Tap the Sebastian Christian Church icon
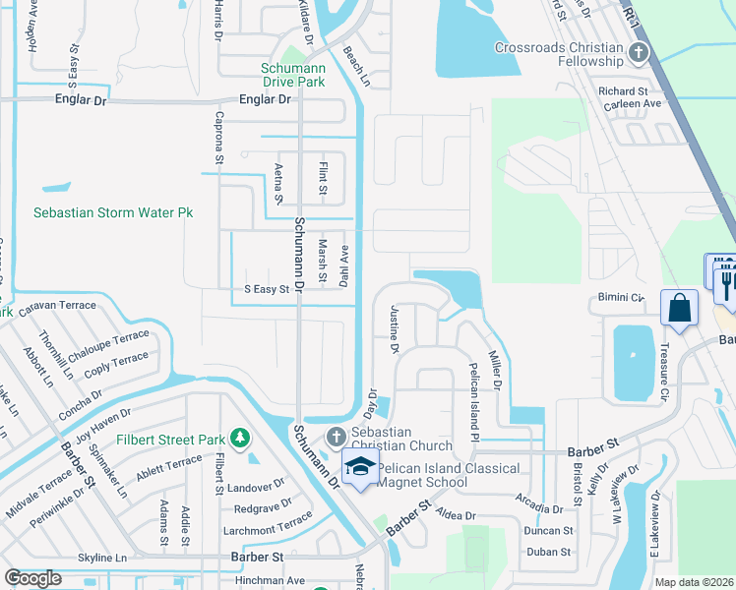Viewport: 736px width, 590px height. (x=336, y=436)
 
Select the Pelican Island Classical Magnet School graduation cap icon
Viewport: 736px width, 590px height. (x=359, y=468)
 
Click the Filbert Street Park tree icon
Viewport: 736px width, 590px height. (x=239, y=437)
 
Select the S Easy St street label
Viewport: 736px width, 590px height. (x=267, y=289)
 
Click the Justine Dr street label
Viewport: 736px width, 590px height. (x=395, y=329)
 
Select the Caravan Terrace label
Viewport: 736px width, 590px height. (x=57, y=306)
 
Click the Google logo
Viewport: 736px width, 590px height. (x=33, y=578)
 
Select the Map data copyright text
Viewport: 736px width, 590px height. (x=694, y=582)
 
